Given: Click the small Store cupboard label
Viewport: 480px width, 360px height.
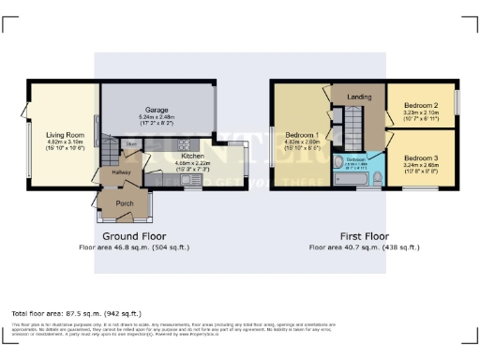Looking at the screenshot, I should [x=132, y=143].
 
